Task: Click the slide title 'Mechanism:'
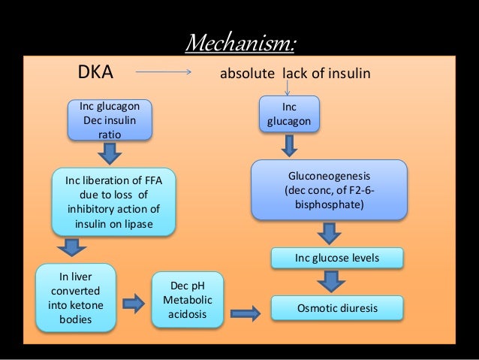(239, 43)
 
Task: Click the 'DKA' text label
(96, 74)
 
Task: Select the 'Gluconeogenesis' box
(330, 190)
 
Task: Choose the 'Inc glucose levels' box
(336, 259)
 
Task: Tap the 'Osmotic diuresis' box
(336, 308)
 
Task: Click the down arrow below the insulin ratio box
(110, 154)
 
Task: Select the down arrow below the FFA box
(72, 247)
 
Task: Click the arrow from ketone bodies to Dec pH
(133, 303)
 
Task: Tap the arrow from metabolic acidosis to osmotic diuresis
(246, 310)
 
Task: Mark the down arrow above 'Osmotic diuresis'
(330, 282)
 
